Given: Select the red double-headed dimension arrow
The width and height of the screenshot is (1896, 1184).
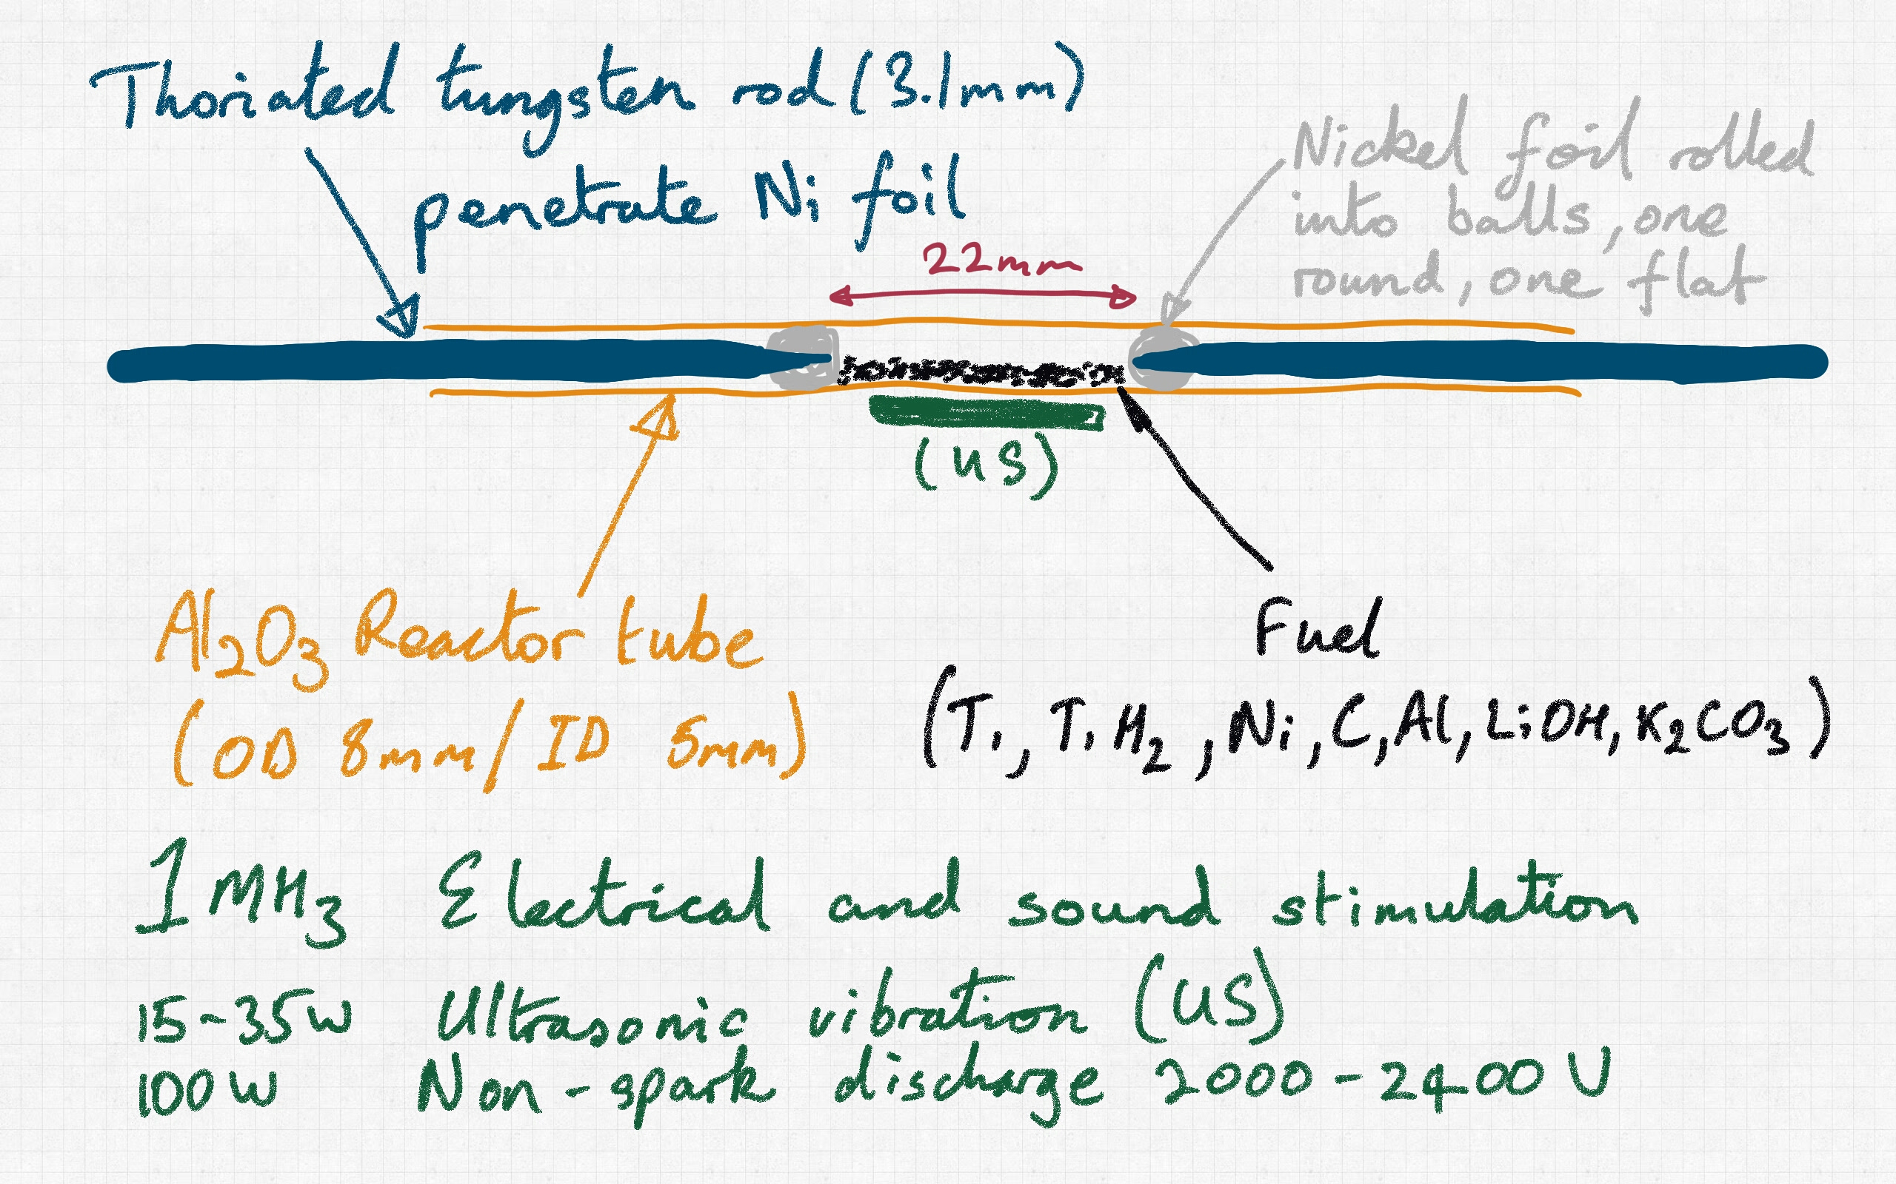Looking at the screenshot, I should coord(983,297).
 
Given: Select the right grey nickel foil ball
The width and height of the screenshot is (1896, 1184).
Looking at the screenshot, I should coord(1163,359).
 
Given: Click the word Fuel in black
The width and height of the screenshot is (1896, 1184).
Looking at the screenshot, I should coord(1316,630).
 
